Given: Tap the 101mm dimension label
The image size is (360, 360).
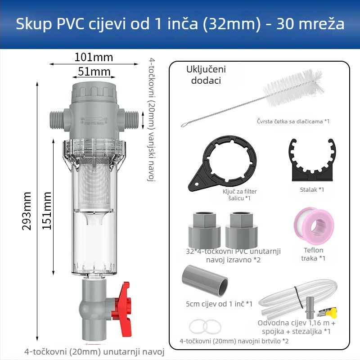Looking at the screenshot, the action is point(94,57).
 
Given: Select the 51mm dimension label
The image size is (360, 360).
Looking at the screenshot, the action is point(94,72).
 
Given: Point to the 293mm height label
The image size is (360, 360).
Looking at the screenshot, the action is point(27,211).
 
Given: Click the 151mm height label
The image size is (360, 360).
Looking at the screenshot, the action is point(47,211).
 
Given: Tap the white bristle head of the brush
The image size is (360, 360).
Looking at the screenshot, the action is point(294,88).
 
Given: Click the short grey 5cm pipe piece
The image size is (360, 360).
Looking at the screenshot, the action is point(205,280).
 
